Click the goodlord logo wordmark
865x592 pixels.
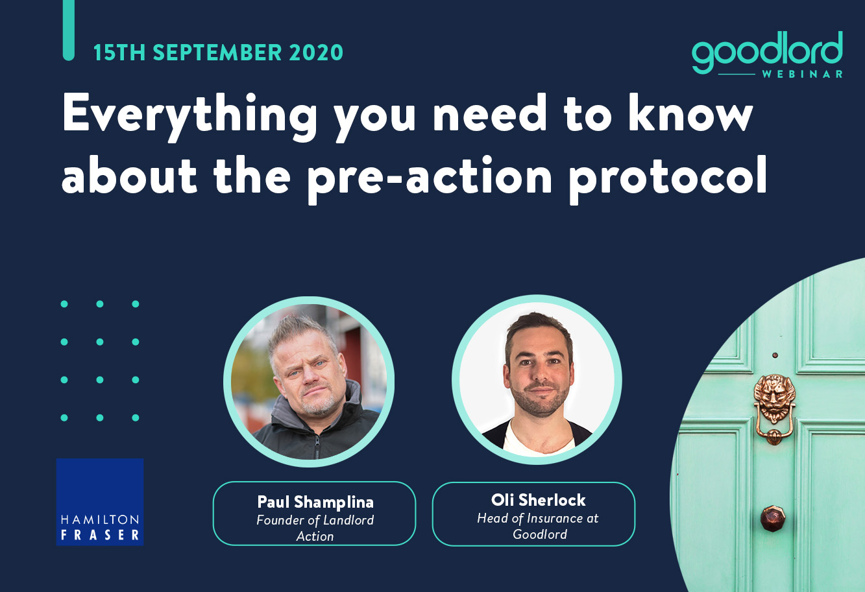[x=767, y=52]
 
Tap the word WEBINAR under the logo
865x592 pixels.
[x=803, y=74]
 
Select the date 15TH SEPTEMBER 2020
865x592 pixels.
[x=218, y=53]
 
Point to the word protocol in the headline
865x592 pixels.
[x=668, y=179]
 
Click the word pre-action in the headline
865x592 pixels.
[x=430, y=179]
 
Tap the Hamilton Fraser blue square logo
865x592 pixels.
[x=100, y=502]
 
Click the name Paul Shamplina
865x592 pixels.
[x=315, y=502]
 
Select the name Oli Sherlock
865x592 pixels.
[x=539, y=500]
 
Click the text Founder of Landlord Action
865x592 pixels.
[x=315, y=528]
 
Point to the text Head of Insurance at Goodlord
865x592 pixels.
[x=538, y=526]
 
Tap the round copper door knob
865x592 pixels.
[x=773, y=519]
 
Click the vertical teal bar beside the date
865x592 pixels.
[x=68, y=30]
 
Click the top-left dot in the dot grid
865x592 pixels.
[x=64, y=304]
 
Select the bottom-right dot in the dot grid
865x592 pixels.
[x=136, y=418]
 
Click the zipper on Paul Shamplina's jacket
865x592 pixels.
[x=317, y=445]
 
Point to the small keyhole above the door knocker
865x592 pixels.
[x=775, y=355]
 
